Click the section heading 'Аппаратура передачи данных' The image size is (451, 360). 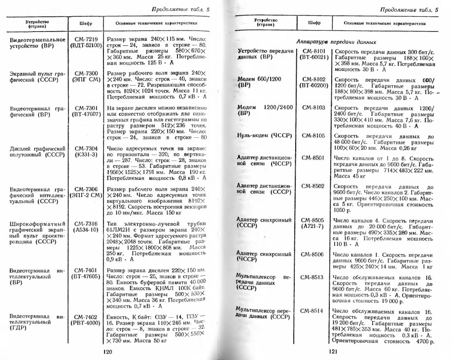point(337,42)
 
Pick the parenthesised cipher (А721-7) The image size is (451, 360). point(312,226)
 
